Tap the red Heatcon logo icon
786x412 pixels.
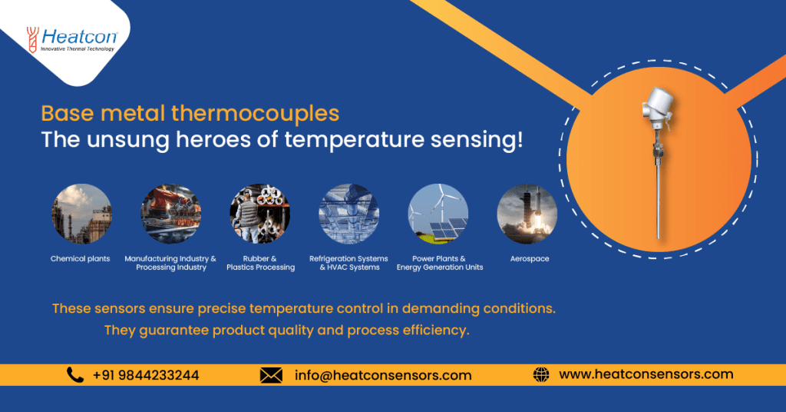(32, 39)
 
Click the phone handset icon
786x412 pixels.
(75, 375)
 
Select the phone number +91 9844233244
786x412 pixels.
(146, 375)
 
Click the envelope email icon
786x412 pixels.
(271, 375)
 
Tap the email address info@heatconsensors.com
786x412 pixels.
(383, 375)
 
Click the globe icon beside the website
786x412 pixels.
(541, 375)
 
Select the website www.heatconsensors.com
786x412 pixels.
(646, 374)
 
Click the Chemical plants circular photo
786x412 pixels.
(81, 214)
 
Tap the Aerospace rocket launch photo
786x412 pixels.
(527, 214)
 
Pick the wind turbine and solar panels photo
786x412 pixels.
(438, 214)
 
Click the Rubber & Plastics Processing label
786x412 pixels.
(260, 263)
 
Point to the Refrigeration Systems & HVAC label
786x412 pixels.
(348, 263)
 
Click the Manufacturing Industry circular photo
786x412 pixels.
(170, 214)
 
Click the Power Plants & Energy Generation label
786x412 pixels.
(440, 263)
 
